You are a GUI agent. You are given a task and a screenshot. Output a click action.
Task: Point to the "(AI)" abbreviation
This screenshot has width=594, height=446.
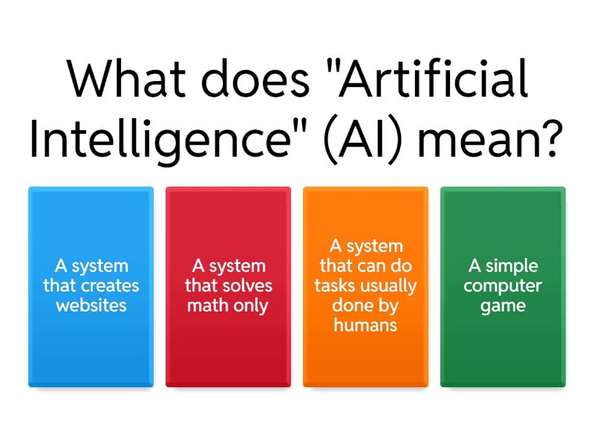(365, 138)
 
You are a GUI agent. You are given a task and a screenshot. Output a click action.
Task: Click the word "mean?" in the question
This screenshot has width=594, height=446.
(497, 138)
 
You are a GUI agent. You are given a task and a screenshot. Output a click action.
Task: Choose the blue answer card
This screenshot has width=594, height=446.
(91, 287)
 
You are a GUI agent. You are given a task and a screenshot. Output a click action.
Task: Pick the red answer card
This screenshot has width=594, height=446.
(228, 287)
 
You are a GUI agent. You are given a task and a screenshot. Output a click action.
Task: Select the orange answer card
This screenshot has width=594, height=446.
(365, 287)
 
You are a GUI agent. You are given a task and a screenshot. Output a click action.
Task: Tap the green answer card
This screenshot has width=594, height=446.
(503, 287)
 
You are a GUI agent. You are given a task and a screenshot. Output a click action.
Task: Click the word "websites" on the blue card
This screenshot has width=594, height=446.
(91, 306)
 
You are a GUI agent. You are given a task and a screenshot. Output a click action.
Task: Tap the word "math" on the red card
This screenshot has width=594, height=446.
(204, 306)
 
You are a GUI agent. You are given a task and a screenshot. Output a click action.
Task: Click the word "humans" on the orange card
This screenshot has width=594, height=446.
(365, 326)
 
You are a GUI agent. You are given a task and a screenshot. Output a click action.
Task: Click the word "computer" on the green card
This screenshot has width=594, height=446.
(503, 285)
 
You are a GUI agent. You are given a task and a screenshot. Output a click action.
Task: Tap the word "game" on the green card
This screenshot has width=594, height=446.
(503, 306)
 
